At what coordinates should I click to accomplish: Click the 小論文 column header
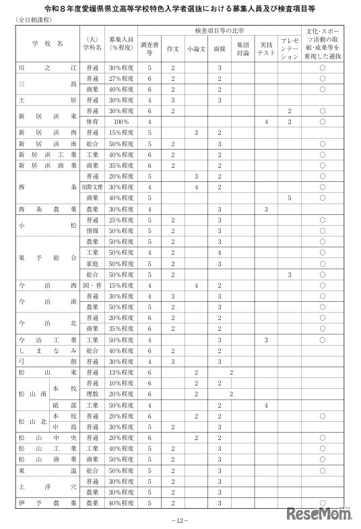[x=196, y=49]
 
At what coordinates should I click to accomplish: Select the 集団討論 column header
[x=242, y=49]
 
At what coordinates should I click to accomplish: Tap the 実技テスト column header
[x=266, y=49]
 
